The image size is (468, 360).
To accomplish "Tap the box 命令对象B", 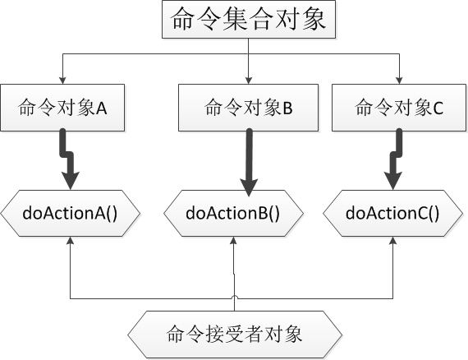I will click(248, 108).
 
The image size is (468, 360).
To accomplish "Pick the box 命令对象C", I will click(399, 108).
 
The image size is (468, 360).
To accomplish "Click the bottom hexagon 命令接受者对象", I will click(235, 334).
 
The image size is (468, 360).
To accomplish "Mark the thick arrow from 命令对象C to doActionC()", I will click(393, 160).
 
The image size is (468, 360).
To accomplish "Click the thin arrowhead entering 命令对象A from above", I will click(62, 80).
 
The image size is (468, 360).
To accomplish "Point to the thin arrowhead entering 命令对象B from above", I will click(248, 80).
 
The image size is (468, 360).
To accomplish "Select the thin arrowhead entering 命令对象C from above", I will click(399, 80).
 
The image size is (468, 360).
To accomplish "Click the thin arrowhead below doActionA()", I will click(71, 241).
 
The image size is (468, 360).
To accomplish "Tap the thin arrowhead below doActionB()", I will click(235, 241).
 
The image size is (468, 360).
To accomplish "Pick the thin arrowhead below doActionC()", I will click(392, 241).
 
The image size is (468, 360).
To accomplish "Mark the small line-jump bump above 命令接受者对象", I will click(235, 297).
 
